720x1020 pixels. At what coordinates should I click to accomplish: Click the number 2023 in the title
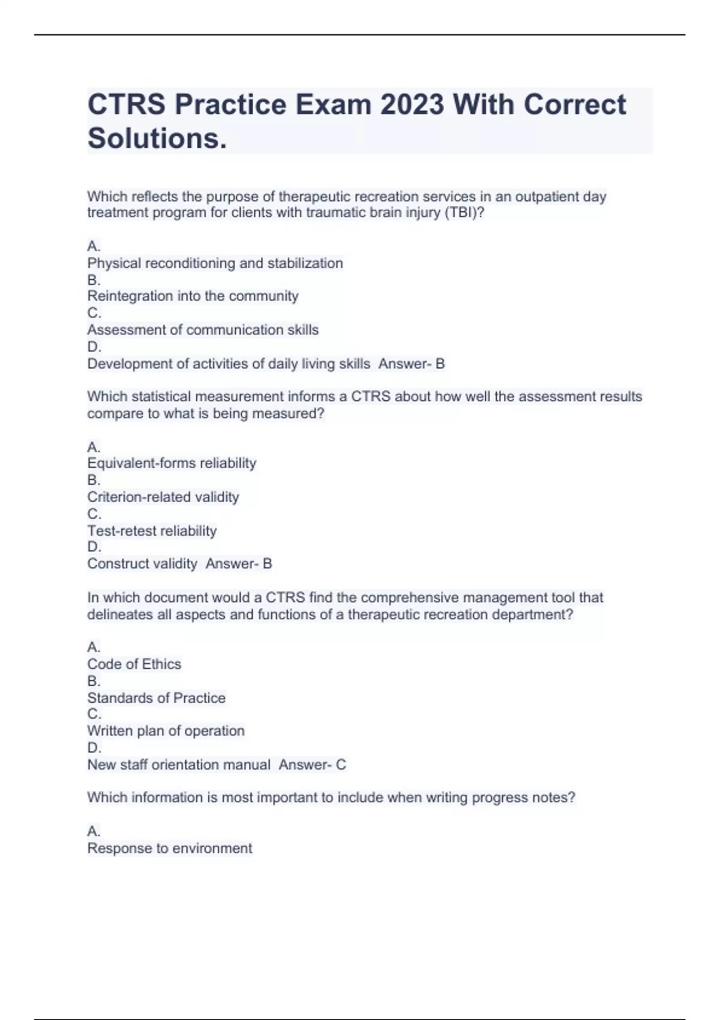(412, 105)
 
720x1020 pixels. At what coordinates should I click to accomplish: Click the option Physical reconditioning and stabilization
(215, 263)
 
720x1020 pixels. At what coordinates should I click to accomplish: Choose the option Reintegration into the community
(193, 296)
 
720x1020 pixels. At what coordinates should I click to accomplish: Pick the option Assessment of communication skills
(203, 330)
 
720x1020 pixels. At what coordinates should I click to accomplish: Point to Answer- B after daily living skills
(412, 364)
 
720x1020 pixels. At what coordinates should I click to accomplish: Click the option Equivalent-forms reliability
(172, 463)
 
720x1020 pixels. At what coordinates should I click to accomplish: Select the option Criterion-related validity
(163, 497)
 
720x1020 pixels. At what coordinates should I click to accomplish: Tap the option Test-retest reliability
(152, 531)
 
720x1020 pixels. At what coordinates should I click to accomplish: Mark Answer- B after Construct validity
(239, 564)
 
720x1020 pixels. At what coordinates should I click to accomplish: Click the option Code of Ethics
(134, 664)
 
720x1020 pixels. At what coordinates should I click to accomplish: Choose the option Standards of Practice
(156, 698)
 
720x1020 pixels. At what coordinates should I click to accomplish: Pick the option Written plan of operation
(166, 731)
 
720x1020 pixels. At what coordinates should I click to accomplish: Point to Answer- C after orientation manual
(312, 765)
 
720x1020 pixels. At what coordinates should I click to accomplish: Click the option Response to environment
(169, 848)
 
